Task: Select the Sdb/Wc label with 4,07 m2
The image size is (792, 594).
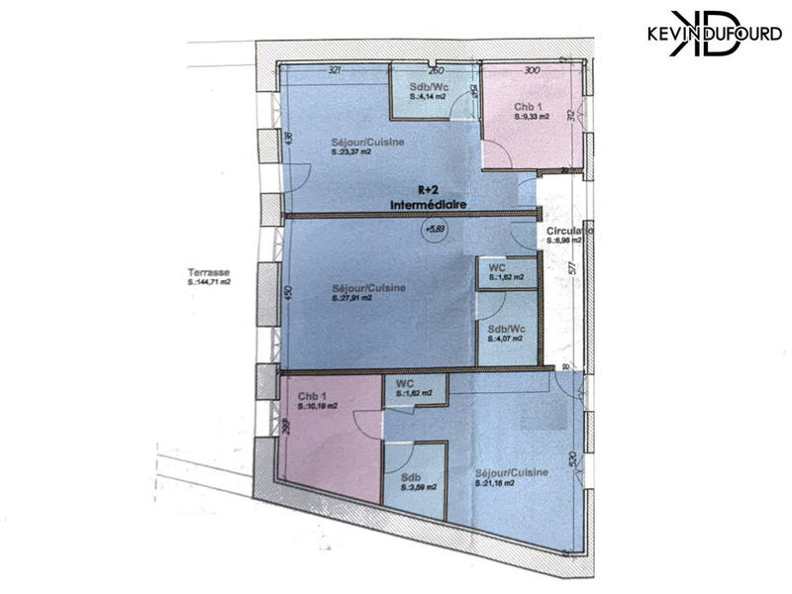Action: (503, 334)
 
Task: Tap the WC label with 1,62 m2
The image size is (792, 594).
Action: (410, 388)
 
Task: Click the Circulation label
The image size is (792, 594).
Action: (568, 236)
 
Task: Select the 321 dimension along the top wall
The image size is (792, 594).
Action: (335, 71)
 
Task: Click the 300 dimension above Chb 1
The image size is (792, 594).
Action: (532, 71)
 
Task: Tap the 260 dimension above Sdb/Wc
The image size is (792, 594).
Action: (435, 71)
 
